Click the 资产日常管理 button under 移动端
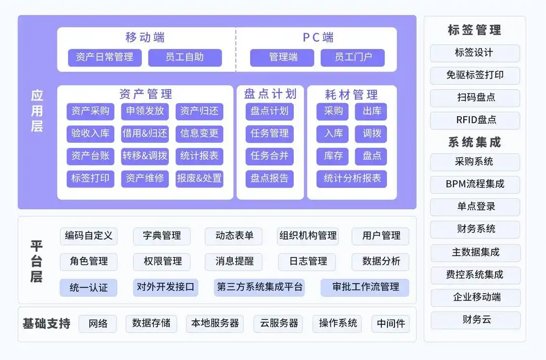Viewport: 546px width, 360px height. (105, 58)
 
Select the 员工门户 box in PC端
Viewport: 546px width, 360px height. (353, 58)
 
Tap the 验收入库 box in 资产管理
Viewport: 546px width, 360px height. (90, 133)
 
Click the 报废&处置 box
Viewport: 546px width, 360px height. (199, 179)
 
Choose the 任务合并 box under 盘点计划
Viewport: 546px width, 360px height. (270, 156)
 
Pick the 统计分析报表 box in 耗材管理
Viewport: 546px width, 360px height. (352, 179)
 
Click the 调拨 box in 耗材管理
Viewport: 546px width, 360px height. (371, 133)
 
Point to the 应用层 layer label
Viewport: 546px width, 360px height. (37, 111)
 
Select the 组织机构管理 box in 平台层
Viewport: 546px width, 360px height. (308, 236)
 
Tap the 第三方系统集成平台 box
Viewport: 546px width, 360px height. (259, 287)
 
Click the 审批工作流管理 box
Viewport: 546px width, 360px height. (365, 287)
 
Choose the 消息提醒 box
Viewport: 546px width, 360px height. (234, 261)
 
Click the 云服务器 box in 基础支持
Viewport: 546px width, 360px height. (278, 323)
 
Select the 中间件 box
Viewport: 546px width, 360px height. (390, 324)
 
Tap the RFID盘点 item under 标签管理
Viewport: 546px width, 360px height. (475, 120)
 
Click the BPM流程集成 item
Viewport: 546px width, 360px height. (475, 184)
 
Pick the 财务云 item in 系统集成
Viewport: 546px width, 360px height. (475, 320)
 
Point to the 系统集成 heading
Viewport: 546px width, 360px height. (475, 143)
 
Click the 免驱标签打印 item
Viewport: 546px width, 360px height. (475, 75)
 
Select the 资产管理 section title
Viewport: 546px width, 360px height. (146, 94)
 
